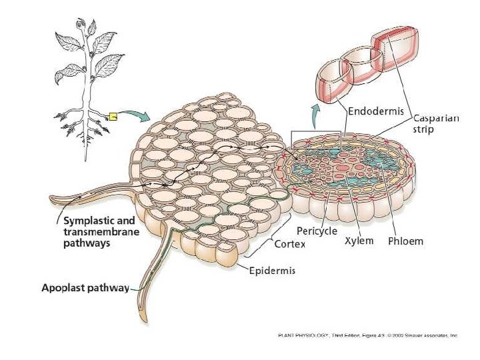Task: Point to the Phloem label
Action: pyautogui.click(x=405, y=241)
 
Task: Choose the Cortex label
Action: pyautogui.click(x=290, y=244)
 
